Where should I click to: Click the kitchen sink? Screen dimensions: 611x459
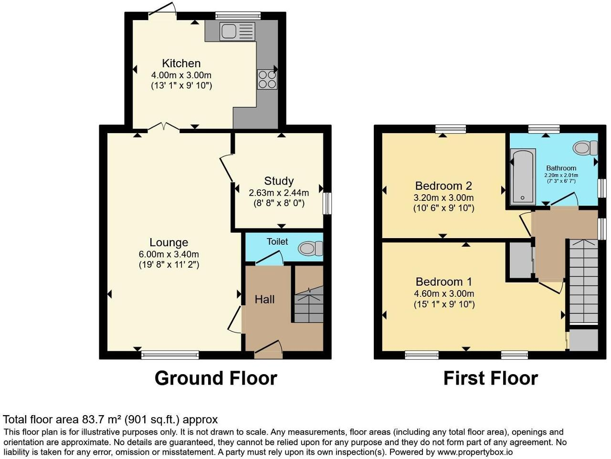pos(237,31)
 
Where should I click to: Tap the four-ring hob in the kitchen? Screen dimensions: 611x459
pos(267,79)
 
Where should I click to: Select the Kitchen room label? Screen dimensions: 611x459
pos(181,63)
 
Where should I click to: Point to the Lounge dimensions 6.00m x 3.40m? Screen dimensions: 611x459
pos(169,254)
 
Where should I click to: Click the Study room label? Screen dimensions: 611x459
pos(279,181)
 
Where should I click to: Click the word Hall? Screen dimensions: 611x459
pos(264,300)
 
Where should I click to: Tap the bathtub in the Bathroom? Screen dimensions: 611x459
pos(523,176)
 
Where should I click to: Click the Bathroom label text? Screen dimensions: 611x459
pos(561,168)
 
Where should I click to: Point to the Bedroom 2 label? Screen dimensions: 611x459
pos(443,186)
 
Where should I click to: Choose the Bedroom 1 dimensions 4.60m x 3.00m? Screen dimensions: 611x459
pos(444,293)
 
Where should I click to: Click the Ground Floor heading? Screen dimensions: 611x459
pos(216,379)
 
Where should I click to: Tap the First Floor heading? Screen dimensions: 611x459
pos(490,379)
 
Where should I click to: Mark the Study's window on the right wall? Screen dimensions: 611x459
pos(327,203)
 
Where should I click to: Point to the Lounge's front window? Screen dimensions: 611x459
pos(170,355)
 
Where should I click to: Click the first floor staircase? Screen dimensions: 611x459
pos(583,281)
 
